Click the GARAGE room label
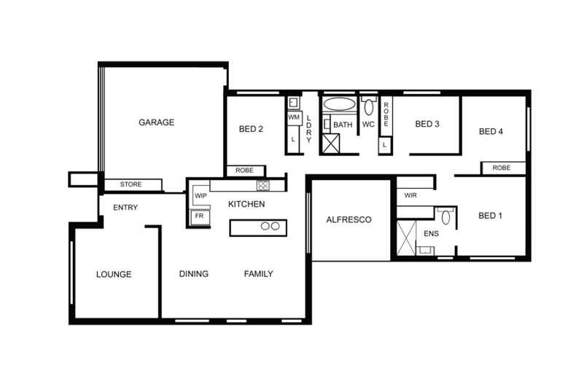156,122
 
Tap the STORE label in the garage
131,184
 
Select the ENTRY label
125,208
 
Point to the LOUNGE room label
114,275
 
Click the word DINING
194,274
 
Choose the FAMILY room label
258,274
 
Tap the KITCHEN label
246,204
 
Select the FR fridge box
198,216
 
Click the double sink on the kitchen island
270,226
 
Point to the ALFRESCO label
349,219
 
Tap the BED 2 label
251,130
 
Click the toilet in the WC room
368,108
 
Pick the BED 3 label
427,124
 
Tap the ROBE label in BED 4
502,168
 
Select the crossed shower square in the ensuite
406,236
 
